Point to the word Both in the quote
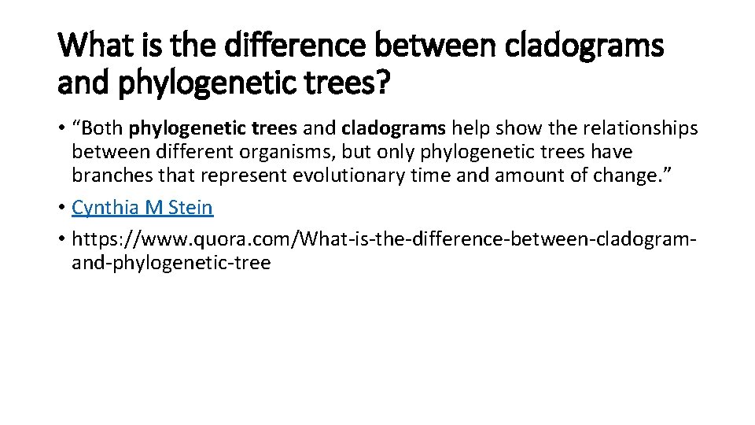point(104,128)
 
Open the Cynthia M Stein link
point(142,208)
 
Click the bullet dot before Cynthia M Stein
point(61,208)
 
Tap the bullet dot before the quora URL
point(61,238)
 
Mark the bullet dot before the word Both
point(61,129)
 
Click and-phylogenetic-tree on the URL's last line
point(171,262)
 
